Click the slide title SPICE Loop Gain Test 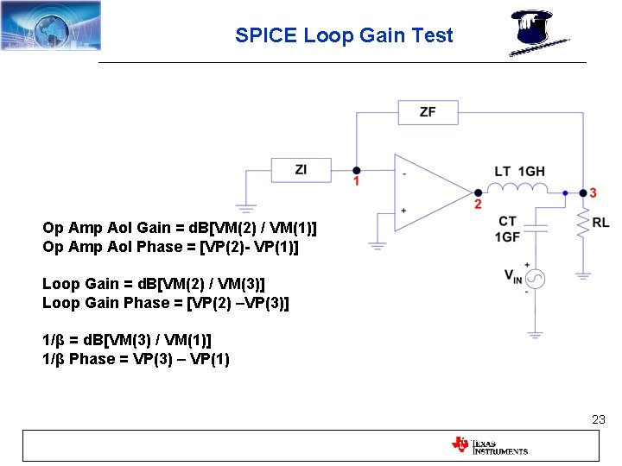[x=344, y=35]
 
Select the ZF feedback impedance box [x=428, y=112]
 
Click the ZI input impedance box [x=301, y=170]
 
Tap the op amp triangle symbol [x=428, y=192]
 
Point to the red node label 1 [x=356, y=182]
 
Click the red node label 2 [x=478, y=205]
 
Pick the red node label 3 [x=593, y=192]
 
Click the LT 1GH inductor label [x=519, y=172]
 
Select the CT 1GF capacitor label [x=508, y=230]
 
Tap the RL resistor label [x=601, y=223]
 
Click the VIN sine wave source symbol [x=536, y=279]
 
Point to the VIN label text [x=513, y=276]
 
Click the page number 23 [x=598, y=419]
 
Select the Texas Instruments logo [x=489, y=445]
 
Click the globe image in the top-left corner [x=51, y=26]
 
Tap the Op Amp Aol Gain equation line [x=179, y=228]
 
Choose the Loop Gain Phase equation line [x=166, y=303]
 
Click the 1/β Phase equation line [x=136, y=359]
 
